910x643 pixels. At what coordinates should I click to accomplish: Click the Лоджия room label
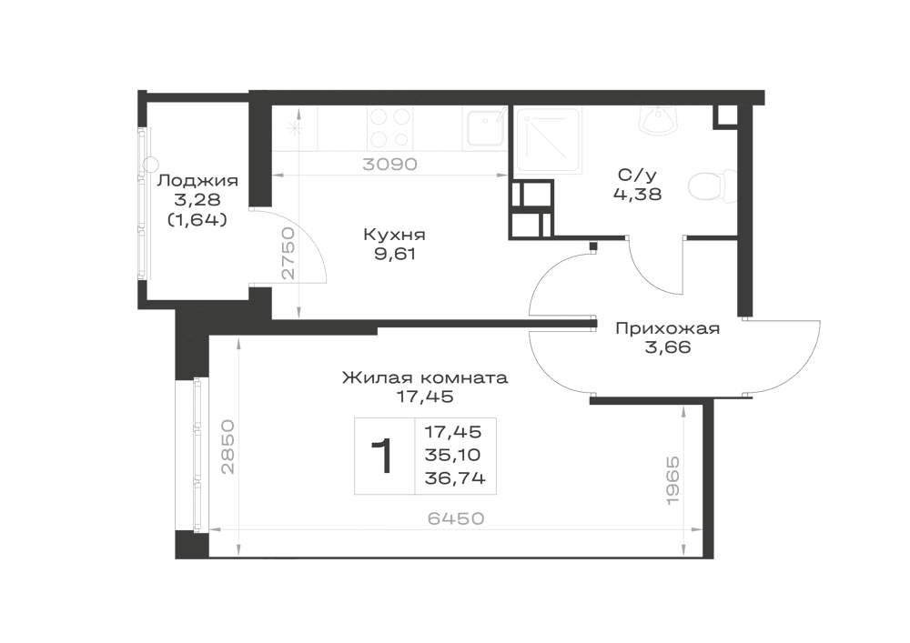197,180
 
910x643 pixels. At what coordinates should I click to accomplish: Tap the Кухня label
394,235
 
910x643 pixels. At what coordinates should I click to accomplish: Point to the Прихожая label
667,328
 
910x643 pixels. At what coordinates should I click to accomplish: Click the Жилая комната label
425,378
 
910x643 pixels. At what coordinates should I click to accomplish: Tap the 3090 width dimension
390,164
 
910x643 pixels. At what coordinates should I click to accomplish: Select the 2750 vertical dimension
288,254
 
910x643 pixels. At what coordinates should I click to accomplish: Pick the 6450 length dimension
456,517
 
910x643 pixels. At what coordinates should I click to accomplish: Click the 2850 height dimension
227,447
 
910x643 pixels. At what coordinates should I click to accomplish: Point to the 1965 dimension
672,480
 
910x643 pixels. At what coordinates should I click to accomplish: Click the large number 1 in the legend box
382,457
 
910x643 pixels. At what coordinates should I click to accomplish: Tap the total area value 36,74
455,478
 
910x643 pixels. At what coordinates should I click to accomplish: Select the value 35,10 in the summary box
452,455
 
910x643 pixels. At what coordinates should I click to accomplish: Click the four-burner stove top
390,128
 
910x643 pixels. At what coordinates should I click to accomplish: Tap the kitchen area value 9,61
395,254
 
